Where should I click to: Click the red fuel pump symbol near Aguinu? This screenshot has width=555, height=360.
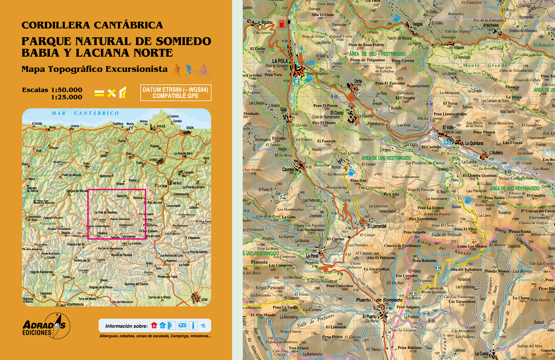(x=281, y=24)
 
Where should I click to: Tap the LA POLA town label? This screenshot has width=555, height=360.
(x=280, y=61)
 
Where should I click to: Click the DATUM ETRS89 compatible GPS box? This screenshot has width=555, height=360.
(x=176, y=93)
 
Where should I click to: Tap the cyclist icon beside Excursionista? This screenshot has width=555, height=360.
(x=203, y=70)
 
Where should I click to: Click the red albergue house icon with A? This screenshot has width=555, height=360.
(x=154, y=325)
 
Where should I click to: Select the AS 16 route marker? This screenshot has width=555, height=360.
(x=413, y=293)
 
